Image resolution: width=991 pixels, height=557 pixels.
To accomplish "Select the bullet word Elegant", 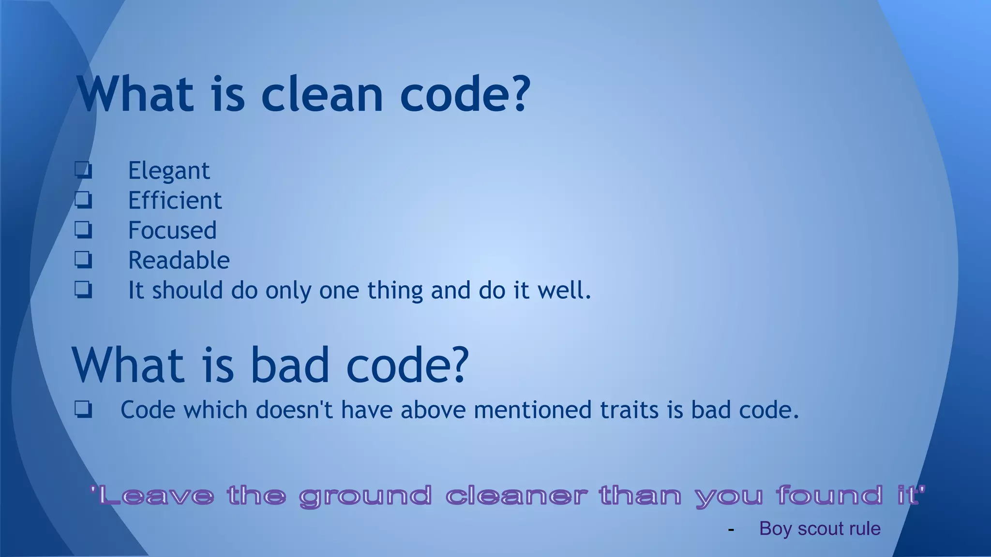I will click(x=168, y=171).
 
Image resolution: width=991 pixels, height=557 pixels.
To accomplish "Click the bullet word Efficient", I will click(x=175, y=201).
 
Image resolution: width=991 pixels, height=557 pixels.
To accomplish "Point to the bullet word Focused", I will click(x=172, y=231).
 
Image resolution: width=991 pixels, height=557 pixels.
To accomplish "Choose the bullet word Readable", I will click(x=179, y=261).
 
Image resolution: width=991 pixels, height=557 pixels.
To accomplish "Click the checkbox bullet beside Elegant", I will click(x=83, y=170).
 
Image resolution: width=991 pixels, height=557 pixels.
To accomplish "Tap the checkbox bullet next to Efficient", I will click(x=83, y=200).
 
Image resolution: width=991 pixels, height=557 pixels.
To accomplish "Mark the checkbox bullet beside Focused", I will click(x=83, y=230).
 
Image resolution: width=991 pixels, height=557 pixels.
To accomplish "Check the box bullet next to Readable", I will click(x=83, y=260).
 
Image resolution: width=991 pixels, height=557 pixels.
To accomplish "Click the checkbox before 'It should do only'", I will click(x=83, y=290).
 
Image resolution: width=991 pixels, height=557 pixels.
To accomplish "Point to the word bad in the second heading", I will click(x=290, y=365).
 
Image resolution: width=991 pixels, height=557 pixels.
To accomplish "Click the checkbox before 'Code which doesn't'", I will click(x=83, y=410).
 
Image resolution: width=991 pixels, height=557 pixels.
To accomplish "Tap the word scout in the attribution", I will click(x=820, y=529).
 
